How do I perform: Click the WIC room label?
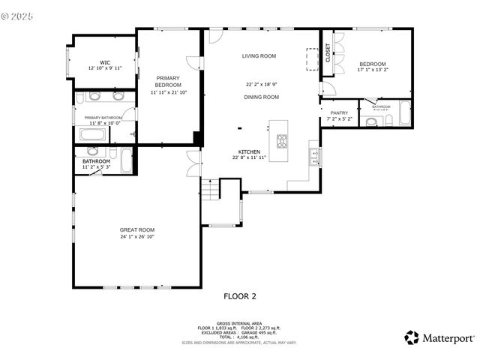point(104,62)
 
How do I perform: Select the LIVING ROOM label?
point(259,56)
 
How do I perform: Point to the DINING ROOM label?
point(261,97)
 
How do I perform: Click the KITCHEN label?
point(249,151)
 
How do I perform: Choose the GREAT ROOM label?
point(137,229)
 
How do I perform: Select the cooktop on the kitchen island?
point(283,140)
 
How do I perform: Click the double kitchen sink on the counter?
point(314,156)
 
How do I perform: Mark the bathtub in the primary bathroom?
point(93,135)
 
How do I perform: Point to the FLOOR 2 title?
point(240,296)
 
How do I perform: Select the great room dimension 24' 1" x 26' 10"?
point(137,237)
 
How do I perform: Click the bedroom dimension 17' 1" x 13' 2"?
point(373,70)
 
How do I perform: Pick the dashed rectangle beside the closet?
point(312,59)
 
